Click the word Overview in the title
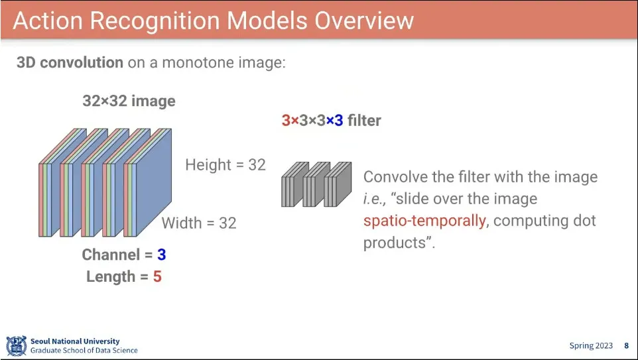coord(364,20)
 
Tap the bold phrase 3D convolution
coord(70,62)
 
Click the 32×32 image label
coord(129,101)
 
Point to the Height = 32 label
coord(225,164)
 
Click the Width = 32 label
coord(199,223)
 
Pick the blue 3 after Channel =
coord(162,255)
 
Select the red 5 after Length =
coord(157,276)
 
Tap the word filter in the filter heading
coord(364,121)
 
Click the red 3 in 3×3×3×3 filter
coord(286,121)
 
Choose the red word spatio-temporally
coord(424,221)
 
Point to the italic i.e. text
coord(374,200)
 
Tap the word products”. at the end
coord(399,243)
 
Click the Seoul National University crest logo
coord(17,346)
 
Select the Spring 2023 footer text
coord(591,346)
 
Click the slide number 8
coord(627,346)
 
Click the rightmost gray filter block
coord(338,184)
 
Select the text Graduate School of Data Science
coord(84,350)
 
